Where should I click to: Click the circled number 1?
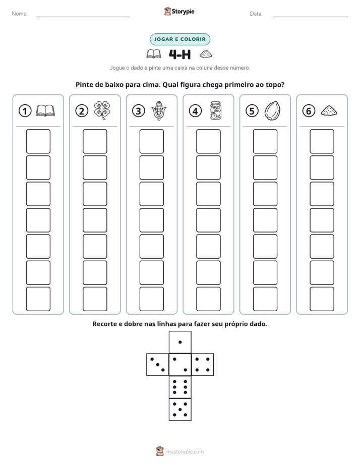click(x=25, y=111)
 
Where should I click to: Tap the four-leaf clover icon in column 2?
click(x=102, y=110)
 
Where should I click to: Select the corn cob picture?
click(x=159, y=110)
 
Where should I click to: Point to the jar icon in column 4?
click(x=215, y=110)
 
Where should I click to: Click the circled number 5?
click(x=252, y=111)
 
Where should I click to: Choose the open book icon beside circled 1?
click(x=45, y=110)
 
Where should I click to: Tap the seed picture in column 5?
click(x=272, y=110)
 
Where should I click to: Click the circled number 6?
click(x=309, y=111)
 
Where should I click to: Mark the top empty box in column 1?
click(x=38, y=141)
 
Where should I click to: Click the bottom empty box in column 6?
click(x=322, y=299)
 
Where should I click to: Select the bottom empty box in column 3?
click(x=151, y=299)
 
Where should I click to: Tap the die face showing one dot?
click(x=180, y=342)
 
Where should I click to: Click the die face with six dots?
click(x=180, y=387)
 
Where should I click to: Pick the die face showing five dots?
click(x=180, y=409)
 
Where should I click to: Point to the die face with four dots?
click(x=202, y=364)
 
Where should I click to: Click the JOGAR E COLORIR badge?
click(x=180, y=39)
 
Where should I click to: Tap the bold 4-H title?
click(x=179, y=54)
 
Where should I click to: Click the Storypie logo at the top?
click(x=179, y=11)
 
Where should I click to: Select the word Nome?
click(x=20, y=14)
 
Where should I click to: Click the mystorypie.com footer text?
click(x=185, y=452)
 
